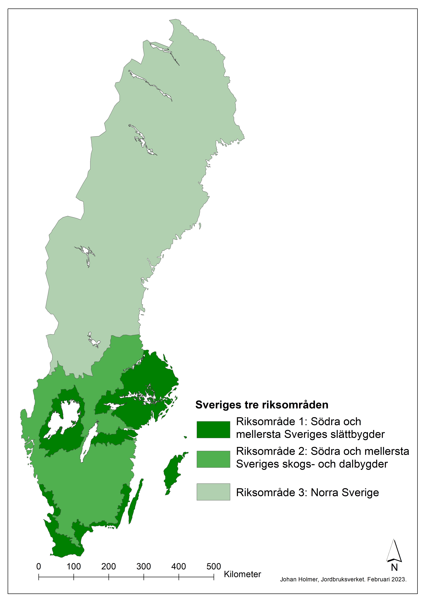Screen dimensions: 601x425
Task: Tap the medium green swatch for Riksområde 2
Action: point(213,459)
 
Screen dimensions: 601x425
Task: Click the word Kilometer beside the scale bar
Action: point(242,574)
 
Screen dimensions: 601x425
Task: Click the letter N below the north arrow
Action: point(394,568)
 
